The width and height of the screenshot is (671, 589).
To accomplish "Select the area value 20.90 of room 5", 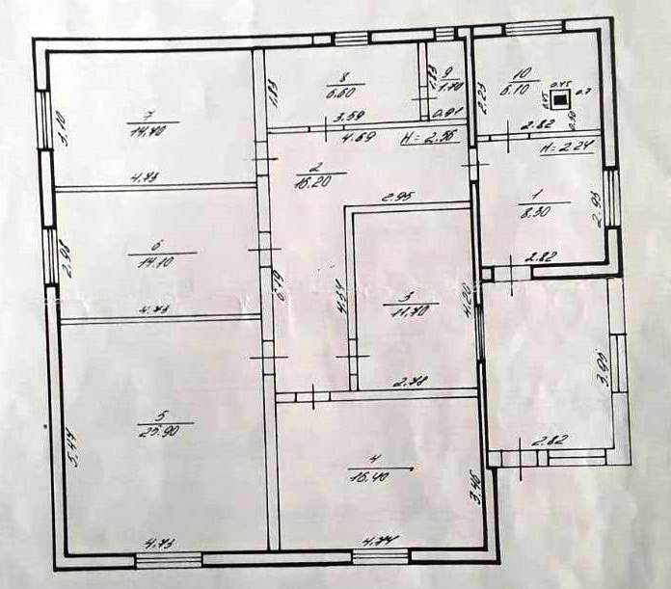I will (x=154, y=430).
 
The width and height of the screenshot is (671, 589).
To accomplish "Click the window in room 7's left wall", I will (x=41, y=120).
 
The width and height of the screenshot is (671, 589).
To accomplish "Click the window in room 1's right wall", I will (x=610, y=199).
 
